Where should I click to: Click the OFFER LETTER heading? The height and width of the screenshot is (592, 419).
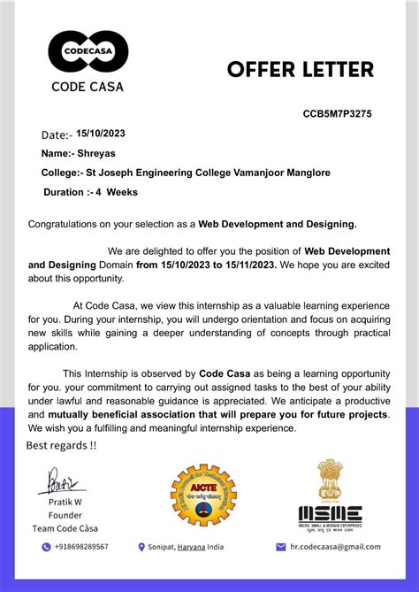(x=301, y=69)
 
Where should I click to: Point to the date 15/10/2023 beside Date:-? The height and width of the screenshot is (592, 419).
(x=101, y=134)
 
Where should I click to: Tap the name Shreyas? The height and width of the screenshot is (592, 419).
(x=96, y=153)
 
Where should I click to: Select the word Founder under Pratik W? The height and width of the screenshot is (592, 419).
(x=65, y=515)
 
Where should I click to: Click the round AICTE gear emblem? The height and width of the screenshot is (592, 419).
(x=203, y=496)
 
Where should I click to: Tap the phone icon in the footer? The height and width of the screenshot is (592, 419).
(x=46, y=547)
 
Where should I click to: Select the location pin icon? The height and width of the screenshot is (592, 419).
(x=141, y=547)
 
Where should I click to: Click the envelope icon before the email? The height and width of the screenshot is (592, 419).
(x=281, y=547)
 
